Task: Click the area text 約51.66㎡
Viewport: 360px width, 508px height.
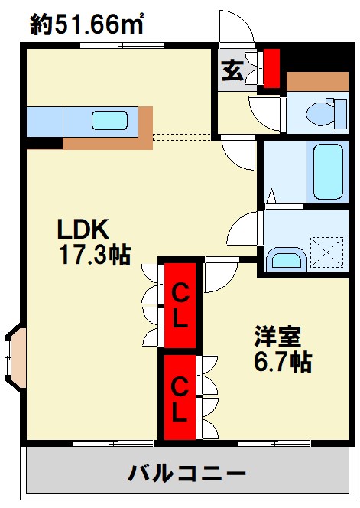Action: click(87, 24)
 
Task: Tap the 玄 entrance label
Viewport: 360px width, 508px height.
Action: click(232, 70)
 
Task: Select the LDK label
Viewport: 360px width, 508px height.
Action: click(83, 230)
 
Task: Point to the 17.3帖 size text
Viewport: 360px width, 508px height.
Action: click(95, 255)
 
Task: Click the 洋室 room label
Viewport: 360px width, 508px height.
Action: click(277, 336)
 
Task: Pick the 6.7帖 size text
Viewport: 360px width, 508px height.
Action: click(283, 361)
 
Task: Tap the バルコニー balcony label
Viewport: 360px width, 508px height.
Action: click(186, 474)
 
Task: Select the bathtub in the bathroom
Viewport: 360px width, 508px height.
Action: click(328, 171)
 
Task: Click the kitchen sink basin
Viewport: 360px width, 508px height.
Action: click(109, 121)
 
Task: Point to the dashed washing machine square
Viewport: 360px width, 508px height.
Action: click(326, 252)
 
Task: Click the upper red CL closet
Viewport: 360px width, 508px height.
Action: click(180, 304)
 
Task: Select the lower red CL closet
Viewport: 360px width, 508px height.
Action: click(180, 398)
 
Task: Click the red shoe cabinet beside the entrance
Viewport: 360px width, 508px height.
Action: click(271, 68)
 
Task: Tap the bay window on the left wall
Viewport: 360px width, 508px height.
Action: click(15, 357)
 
